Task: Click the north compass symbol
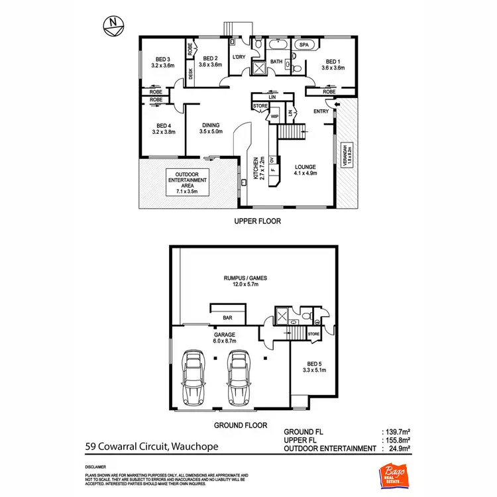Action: pyautogui.click(x=113, y=25)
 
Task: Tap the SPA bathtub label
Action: pyautogui.click(x=305, y=45)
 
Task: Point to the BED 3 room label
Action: pyautogui.click(x=162, y=62)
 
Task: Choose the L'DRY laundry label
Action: pyautogui.click(x=239, y=57)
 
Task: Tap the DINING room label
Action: pyautogui.click(x=212, y=129)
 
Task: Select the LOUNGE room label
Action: pyautogui.click(x=305, y=170)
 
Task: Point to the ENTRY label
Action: pyautogui.click(x=321, y=111)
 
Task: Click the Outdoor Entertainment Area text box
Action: pyautogui.click(x=188, y=183)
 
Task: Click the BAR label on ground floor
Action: pyautogui.click(x=227, y=317)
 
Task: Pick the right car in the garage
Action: pyautogui.click(x=238, y=378)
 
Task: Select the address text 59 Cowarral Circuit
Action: pyautogui.click(x=152, y=447)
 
